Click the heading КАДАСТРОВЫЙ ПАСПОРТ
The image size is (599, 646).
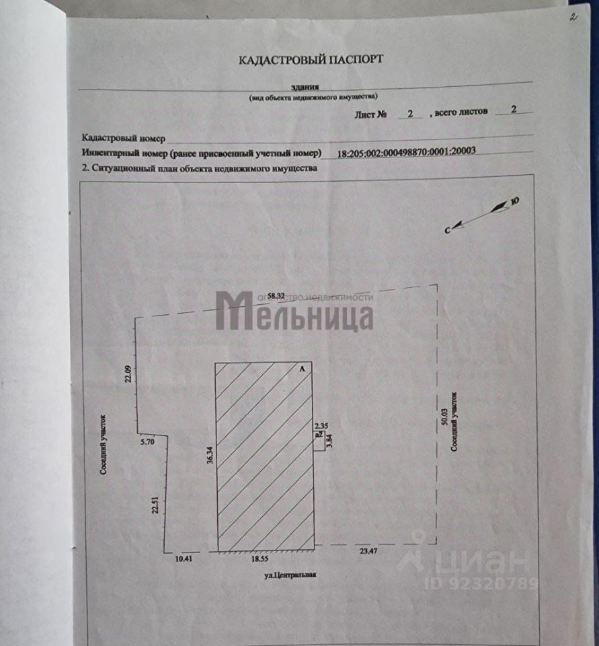coord(311,59)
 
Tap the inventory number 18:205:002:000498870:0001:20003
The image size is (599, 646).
coord(406,151)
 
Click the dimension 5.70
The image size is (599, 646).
coord(148,443)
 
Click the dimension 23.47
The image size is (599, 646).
coord(367,551)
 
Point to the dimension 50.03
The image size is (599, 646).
coord(444,421)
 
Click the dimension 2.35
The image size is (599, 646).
coord(321,425)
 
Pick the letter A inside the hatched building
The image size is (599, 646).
coord(302,369)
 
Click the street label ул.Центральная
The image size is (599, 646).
coord(289,575)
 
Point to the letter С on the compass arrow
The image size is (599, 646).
coord(447,230)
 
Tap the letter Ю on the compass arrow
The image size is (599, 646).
coord(515,200)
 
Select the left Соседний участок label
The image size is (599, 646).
coord(104,445)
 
